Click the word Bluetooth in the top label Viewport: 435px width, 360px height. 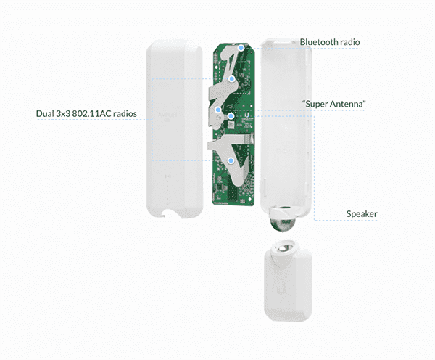319,42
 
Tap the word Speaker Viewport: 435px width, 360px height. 362,214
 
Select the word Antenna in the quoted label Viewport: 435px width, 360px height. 347,104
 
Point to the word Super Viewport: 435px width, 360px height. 316,105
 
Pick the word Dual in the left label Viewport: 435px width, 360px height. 45,114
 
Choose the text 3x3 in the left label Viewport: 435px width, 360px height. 63,114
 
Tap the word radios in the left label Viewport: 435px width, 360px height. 125,114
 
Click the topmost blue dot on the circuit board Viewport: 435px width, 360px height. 241,48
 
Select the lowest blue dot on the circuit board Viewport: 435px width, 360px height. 231,160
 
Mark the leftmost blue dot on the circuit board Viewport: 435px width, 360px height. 218,110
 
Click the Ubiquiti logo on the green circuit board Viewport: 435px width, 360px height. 246,115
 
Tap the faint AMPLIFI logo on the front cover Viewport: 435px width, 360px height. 167,115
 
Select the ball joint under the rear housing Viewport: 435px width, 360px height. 283,221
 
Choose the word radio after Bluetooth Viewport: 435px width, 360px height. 349,42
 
